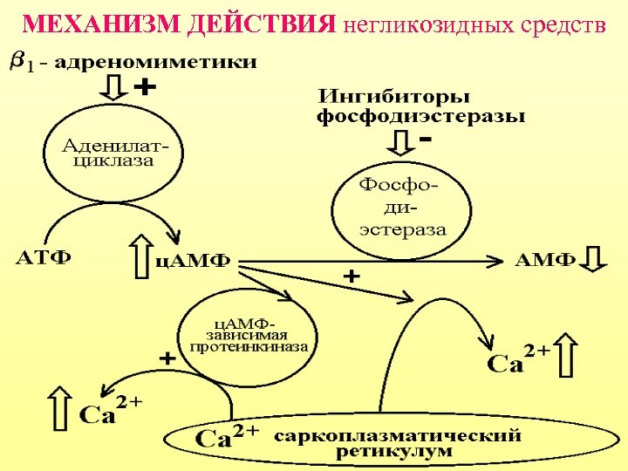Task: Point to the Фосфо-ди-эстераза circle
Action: tap(402, 208)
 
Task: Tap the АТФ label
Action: tap(44, 258)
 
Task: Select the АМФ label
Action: tap(546, 259)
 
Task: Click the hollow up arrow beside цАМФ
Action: tap(143, 255)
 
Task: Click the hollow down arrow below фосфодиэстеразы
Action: tap(402, 143)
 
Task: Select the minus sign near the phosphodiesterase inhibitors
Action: tap(427, 139)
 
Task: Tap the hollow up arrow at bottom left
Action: tap(60, 406)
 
